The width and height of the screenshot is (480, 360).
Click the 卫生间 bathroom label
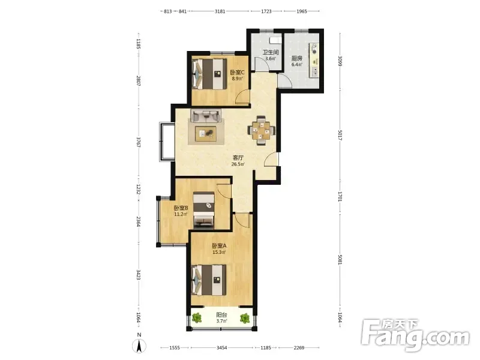(271, 52)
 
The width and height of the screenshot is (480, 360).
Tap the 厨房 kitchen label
(296, 58)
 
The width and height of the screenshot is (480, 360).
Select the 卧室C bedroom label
(237, 73)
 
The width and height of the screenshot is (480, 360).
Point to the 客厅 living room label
(238, 158)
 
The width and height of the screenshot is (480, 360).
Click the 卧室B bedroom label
(181, 208)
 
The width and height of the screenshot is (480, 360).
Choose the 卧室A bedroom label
(219, 246)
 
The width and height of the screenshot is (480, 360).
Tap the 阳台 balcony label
(221, 314)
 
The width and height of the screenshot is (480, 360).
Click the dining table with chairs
(261, 130)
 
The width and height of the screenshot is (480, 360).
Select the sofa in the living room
(206, 115)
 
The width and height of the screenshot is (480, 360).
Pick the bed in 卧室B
(204, 210)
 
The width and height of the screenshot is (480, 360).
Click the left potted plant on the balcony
(197, 319)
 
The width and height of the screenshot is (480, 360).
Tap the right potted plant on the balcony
(245, 319)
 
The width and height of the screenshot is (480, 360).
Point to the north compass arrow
(139, 346)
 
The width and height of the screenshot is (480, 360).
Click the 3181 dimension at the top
(220, 11)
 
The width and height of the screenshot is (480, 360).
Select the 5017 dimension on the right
(340, 135)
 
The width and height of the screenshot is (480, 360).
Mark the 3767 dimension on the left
(139, 143)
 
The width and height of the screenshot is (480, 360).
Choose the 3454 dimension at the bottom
(221, 347)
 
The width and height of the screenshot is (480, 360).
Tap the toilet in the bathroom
(275, 40)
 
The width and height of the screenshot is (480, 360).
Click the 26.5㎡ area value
(238, 164)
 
